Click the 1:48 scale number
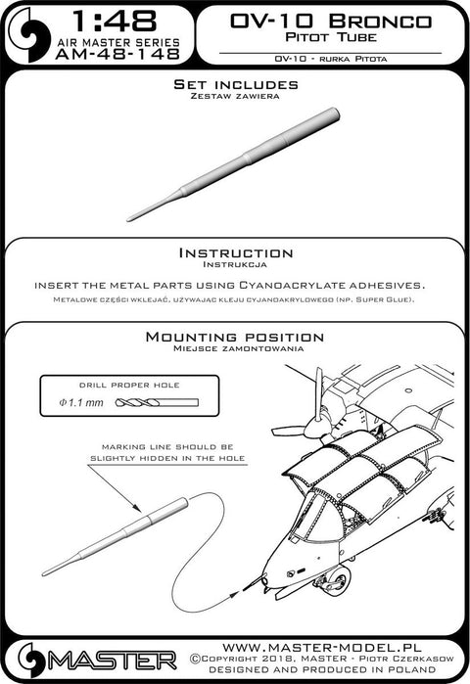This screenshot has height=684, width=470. tap(114, 21)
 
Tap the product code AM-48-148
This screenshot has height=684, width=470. tap(117, 54)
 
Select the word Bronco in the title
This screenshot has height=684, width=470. tap(380, 21)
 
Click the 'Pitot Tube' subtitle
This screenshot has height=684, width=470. tap(331, 36)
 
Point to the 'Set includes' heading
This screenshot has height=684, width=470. tap(236, 84)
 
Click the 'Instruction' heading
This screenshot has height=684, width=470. tap(236, 253)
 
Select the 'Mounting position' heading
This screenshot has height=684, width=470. tap(235, 337)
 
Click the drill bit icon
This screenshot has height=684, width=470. tap(157, 402)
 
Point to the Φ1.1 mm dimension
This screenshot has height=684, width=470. tap(81, 402)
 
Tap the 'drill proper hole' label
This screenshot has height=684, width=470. tap(129, 386)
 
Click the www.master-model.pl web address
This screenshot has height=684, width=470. tap(321, 647)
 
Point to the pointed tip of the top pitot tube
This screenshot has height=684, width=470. tap(128, 219)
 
